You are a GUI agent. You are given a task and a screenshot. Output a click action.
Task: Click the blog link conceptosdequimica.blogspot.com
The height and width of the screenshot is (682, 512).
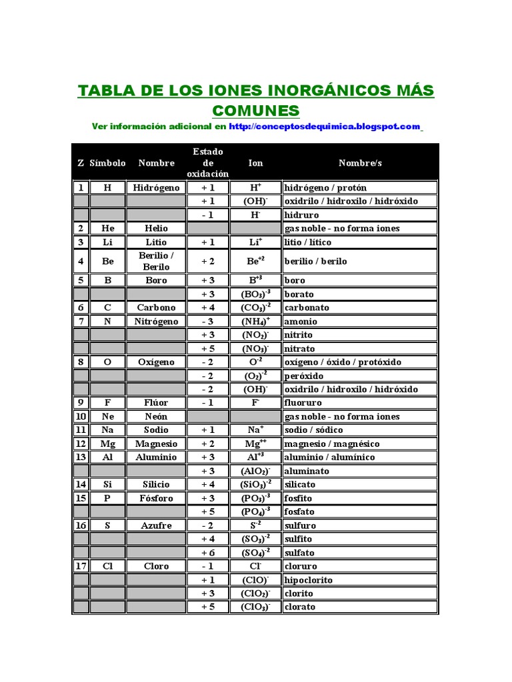pos(325,126)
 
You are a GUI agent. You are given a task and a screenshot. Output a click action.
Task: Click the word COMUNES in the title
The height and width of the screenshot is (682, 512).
pos(256,110)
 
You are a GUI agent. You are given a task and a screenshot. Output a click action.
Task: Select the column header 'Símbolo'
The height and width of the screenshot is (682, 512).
pos(107,163)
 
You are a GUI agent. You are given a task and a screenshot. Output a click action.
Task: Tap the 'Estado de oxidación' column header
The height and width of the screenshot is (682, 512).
pos(208,163)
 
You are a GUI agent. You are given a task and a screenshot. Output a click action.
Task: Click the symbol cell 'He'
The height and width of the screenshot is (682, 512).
pos(108,228)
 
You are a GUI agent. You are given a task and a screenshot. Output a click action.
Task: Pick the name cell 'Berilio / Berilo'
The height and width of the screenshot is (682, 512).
pos(156,261)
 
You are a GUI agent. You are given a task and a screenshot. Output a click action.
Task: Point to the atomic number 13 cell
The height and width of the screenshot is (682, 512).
pos(81,457)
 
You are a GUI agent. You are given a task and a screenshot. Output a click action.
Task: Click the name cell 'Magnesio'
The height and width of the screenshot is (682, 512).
pos(156,444)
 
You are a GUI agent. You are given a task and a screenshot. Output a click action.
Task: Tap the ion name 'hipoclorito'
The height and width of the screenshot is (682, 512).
pos(309,579)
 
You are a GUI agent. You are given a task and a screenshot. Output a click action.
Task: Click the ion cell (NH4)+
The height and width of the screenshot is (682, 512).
pos(255,321)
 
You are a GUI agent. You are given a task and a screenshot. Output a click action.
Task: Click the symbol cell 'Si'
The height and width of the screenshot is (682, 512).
pos(108,484)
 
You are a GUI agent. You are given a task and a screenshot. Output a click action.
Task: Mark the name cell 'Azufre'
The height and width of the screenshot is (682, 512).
pos(156,525)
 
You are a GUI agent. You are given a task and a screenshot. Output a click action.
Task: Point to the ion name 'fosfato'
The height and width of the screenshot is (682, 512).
pos(299,511)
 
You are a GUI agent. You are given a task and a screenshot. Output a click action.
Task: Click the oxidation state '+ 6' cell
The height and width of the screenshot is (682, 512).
pos(208,552)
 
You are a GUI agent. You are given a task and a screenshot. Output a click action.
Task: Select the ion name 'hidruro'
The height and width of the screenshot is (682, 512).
pos(301,215)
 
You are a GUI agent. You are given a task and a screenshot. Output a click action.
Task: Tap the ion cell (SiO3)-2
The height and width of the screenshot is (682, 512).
pos(255,484)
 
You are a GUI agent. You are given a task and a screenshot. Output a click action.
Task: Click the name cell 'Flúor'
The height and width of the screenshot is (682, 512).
pos(156,402)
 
